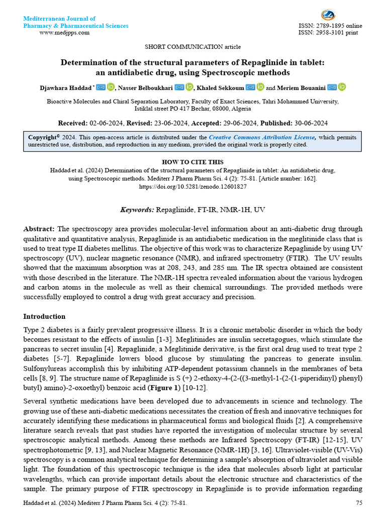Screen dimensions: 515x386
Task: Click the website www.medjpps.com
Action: pos(64,33)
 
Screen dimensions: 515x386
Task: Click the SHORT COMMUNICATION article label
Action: pos(192,47)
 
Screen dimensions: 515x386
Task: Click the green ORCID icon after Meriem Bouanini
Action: pos(342,88)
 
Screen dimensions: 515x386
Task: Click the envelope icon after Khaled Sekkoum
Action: pos(250,88)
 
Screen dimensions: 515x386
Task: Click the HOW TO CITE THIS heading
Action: pos(192,162)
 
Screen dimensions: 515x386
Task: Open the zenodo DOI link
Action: pos(192,186)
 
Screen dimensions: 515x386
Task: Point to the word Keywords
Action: pos(137,209)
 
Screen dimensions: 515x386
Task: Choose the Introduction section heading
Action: pos(44,316)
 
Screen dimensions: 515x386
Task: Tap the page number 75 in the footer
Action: pos(359,502)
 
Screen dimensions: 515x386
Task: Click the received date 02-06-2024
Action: pos(106,123)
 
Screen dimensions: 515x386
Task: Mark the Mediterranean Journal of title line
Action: pos(59,19)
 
